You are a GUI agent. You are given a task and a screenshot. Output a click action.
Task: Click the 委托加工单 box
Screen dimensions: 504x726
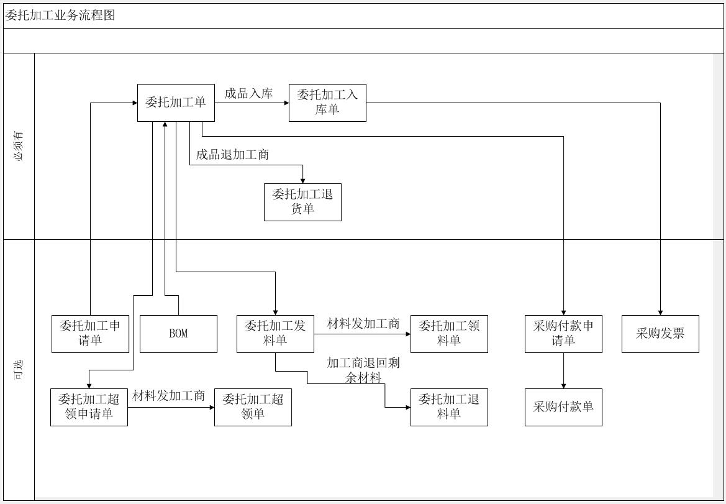[x=176, y=103]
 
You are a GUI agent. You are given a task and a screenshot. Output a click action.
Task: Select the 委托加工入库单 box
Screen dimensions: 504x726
[x=327, y=103]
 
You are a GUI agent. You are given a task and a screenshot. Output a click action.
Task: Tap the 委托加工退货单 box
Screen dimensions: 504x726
[x=302, y=202]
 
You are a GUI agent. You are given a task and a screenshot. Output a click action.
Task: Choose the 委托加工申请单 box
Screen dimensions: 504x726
[x=90, y=334]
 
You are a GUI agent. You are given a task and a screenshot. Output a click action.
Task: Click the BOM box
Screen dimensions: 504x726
[x=178, y=334]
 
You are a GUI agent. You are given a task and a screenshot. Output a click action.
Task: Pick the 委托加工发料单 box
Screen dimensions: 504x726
[x=275, y=334]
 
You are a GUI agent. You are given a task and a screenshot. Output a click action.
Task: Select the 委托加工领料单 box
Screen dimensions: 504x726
[x=449, y=334]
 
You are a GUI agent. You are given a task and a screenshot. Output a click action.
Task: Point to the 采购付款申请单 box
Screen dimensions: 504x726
[x=563, y=334]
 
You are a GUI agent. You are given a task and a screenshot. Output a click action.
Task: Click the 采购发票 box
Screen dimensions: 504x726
[x=660, y=334]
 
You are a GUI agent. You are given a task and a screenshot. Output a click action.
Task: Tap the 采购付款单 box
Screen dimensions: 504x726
[x=563, y=407]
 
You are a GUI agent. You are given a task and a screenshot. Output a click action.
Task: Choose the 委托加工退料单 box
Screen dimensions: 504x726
[x=449, y=407]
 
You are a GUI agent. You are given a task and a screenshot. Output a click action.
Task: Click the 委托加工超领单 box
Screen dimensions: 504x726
[x=253, y=407]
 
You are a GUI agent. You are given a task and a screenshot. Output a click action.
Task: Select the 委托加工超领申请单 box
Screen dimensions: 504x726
[x=89, y=407]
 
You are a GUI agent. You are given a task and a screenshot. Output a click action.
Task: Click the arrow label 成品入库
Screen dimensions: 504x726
[x=248, y=94]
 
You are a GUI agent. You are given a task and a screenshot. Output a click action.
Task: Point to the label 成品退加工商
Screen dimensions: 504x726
[x=232, y=155]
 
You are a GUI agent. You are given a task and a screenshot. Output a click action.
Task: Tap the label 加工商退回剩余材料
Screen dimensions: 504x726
[x=363, y=370]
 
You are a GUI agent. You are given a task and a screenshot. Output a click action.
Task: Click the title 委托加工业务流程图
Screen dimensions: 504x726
[x=60, y=16]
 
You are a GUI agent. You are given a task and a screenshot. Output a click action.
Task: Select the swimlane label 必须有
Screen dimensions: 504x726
[x=19, y=146]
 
